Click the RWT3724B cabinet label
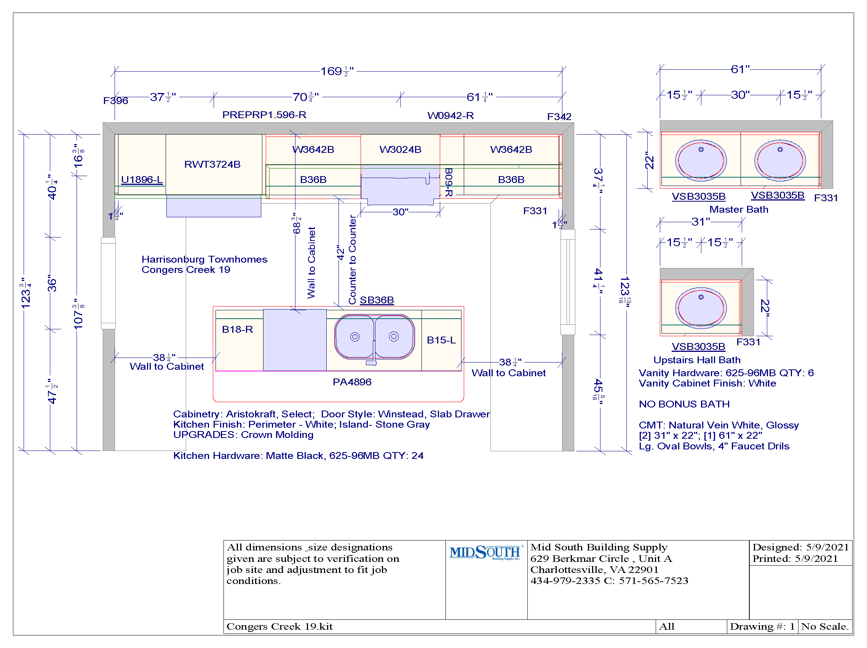coord(212,164)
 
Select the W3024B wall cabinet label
coord(400,149)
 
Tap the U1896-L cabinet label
coord(142,180)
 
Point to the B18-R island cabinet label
coord(238,329)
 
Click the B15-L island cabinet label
coord(441,340)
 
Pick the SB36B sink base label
coord(377,300)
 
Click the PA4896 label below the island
coord(352,382)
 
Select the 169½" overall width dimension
coord(337,71)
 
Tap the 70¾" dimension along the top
coord(306,97)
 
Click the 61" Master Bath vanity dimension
coord(740,69)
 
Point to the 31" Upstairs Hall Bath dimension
coord(701,222)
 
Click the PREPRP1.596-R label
coord(264,115)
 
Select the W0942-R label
coord(450,116)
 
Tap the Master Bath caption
coord(739,210)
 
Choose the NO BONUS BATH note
coord(684,404)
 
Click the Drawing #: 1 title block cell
coord(762,626)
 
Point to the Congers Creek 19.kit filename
coord(279,626)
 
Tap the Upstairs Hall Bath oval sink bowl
coord(701,308)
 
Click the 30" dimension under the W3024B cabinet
coord(400,212)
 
